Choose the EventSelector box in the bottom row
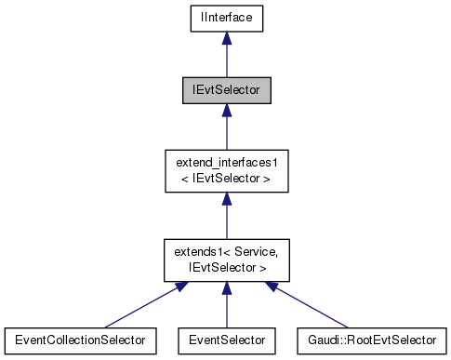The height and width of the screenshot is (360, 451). click(225, 340)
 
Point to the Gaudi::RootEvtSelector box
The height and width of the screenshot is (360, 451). click(372, 340)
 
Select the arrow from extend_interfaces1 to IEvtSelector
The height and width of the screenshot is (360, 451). click(225, 129)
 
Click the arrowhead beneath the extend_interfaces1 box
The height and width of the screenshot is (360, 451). click(225, 200)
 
